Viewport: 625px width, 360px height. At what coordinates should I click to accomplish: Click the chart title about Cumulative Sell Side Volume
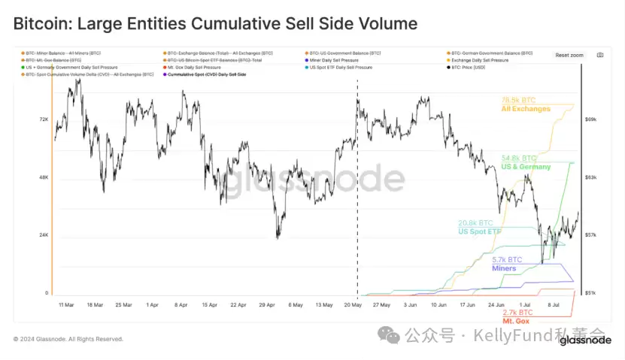(215, 24)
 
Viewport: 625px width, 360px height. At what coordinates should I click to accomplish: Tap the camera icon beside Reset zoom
(599, 55)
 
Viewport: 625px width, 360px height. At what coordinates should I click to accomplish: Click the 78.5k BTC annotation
(518, 100)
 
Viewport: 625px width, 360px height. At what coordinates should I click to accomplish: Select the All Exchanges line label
(526, 109)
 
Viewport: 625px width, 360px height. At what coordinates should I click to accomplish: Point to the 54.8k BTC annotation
(520, 159)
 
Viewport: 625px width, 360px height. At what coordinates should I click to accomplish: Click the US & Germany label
(526, 167)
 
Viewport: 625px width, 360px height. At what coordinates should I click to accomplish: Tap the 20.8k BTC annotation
(476, 223)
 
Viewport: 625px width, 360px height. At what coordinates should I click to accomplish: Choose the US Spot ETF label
(479, 231)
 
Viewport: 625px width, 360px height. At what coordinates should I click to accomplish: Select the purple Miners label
(504, 268)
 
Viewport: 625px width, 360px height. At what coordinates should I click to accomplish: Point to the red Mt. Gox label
(516, 321)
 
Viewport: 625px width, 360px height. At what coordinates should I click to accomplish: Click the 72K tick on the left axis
(43, 119)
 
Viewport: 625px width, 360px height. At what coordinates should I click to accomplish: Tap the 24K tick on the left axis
(43, 235)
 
